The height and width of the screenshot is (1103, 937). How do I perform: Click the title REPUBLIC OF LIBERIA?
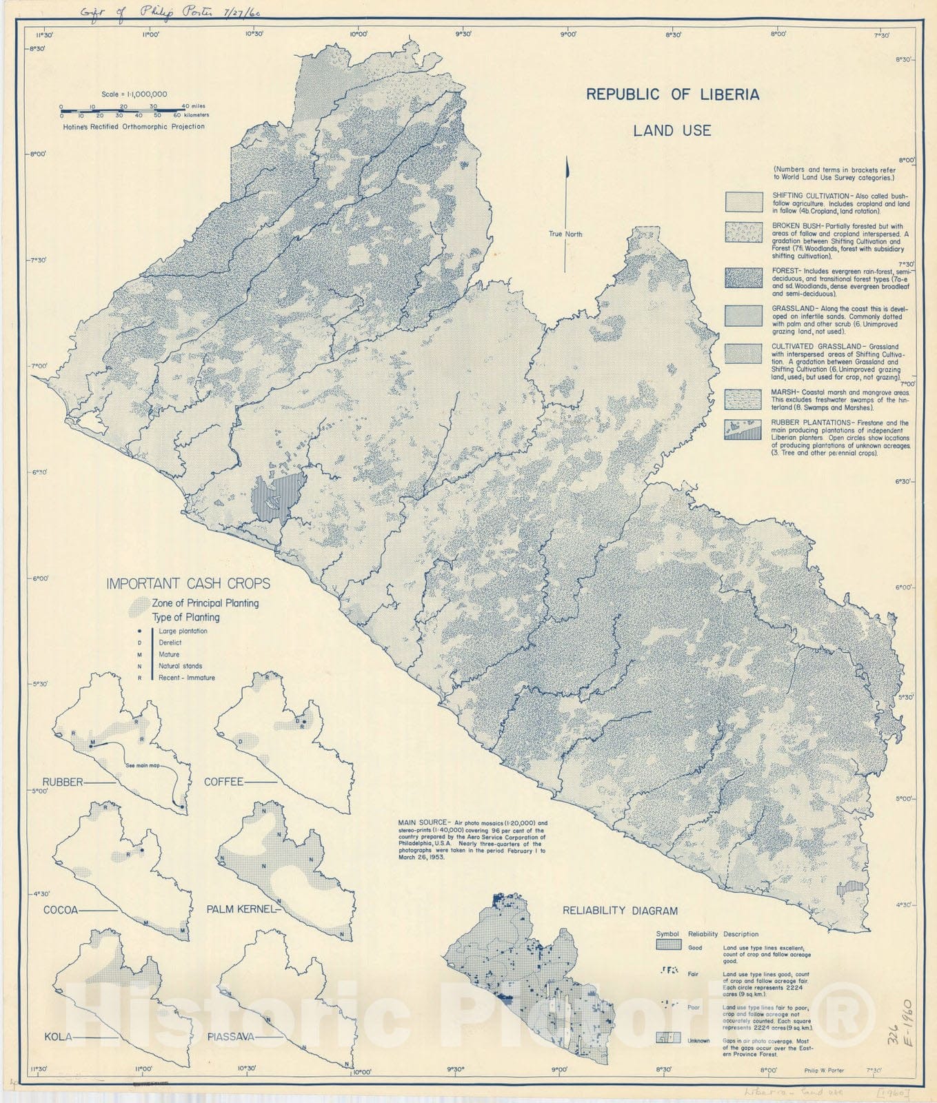click(x=672, y=95)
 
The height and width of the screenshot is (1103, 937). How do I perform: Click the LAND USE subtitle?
click(x=672, y=130)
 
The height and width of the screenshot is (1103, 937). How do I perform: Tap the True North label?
click(x=565, y=234)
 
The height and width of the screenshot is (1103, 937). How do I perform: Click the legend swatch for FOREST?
click(x=743, y=277)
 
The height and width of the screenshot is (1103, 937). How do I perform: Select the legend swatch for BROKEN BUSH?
click(x=743, y=232)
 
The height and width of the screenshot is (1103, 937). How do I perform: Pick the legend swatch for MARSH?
click(x=743, y=398)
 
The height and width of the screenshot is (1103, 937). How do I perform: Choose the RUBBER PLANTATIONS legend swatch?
click(x=743, y=430)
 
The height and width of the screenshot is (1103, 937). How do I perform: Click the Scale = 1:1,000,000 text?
click(x=134, y=94)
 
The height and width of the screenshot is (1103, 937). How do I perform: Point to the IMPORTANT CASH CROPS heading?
click(x=188, y=584)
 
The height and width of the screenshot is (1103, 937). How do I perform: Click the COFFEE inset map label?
click(x=223, y=782)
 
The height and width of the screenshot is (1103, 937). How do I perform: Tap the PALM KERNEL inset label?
click(x=241, y=910)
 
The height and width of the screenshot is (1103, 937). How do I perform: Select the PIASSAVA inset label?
click(x=231, y=1036)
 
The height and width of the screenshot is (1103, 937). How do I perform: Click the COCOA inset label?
click(x=60, y=910)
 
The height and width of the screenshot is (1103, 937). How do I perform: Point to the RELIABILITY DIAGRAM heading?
click(x=620, y=911)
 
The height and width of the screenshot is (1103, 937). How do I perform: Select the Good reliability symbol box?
click(x=667, y=945)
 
